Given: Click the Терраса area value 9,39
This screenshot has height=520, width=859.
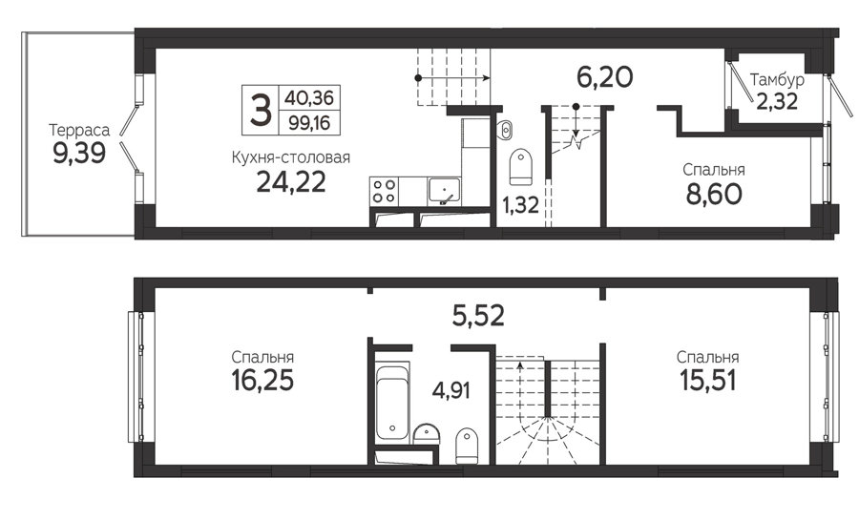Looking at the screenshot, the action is (x=79, y=153).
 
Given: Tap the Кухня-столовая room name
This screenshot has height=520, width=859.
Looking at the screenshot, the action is (x=291, y=157).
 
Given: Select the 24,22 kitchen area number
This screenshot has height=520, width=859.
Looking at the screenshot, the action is (x=291, y=181).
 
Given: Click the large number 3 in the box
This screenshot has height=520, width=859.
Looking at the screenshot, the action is (x=261, y=110).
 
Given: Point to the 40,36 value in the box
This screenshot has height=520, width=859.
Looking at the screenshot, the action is (x=309, y=98).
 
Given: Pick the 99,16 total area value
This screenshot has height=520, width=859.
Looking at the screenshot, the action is (x=309, y=123).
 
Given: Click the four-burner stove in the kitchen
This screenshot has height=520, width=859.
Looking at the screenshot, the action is (x=384, y=191).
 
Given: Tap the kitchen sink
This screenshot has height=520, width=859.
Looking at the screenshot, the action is (x=444, y=191).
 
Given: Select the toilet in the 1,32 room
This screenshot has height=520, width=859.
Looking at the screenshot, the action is (x=521, y=167).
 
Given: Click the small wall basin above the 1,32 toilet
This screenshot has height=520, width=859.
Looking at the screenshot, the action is (x=505, y=129).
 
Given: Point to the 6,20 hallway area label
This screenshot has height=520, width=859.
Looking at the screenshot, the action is (x=605, y=76).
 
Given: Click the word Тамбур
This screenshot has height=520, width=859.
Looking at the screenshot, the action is (x=777, y=80).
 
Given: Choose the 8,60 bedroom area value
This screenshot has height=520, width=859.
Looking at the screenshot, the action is (x=714, y=194).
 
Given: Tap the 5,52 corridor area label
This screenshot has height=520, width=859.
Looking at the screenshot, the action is (x=478, y=316).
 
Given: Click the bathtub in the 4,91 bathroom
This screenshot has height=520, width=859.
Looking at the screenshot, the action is (x=393, y=402).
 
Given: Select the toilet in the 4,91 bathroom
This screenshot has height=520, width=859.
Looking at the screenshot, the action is (x=468, y=445).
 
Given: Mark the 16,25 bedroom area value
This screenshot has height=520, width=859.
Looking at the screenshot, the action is (x=262, y=381).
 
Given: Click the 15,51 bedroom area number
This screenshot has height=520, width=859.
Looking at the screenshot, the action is (x=708, y=381).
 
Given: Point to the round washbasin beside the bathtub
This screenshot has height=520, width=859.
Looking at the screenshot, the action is (x=427, y=435).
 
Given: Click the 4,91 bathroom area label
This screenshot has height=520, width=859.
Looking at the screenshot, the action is (x=450, y=391).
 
